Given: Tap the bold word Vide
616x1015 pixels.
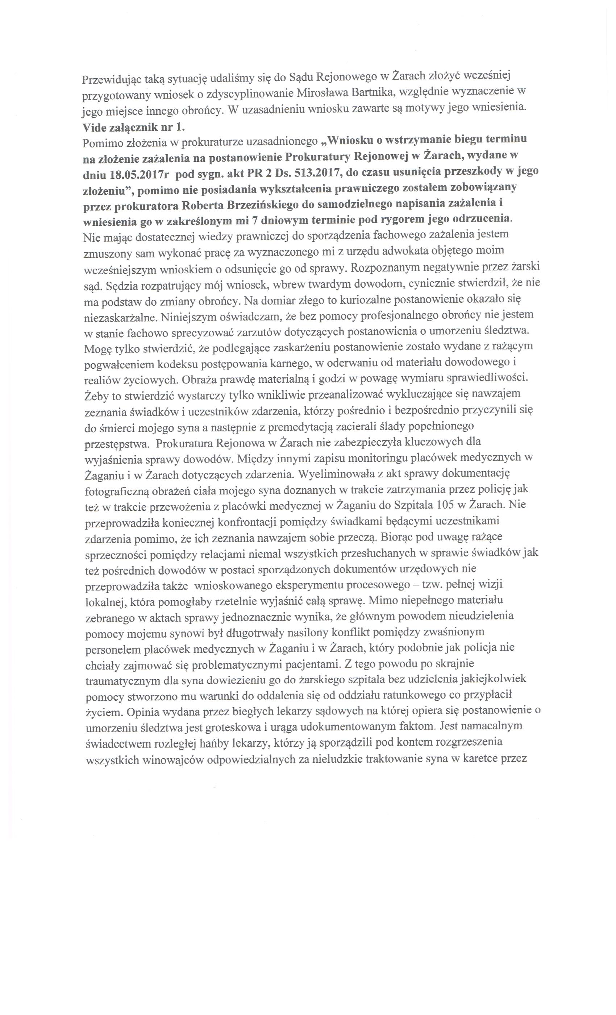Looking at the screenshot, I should point(93,127).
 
